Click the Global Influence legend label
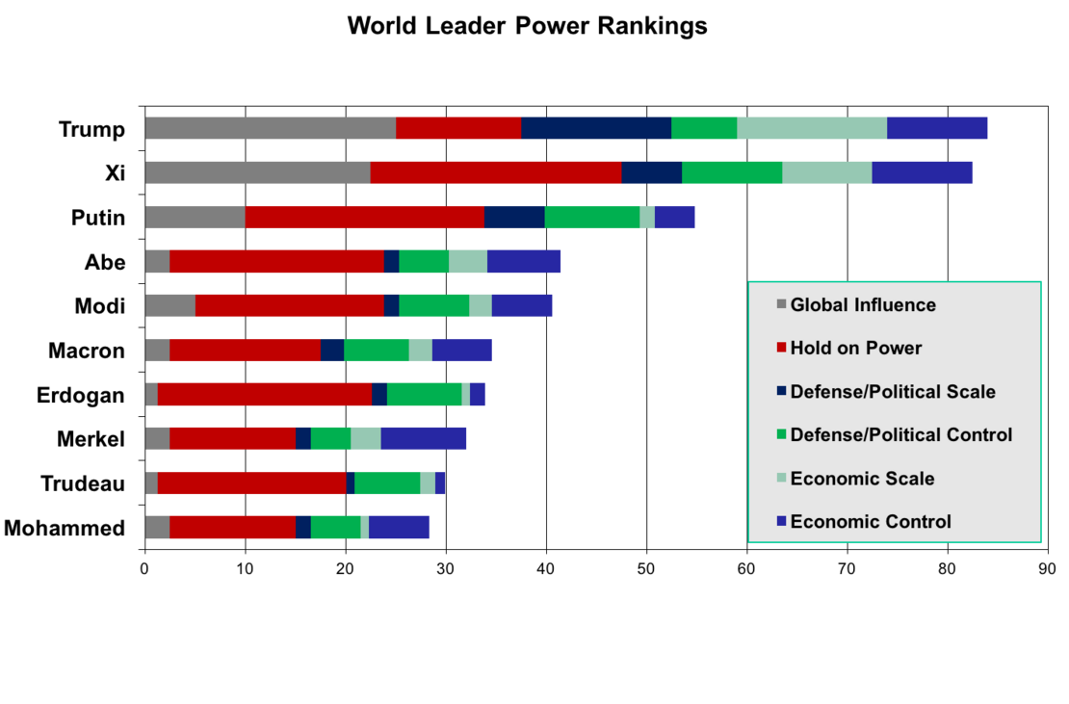click(863, 305)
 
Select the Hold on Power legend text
click(855, 349)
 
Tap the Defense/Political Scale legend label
click(893, 392)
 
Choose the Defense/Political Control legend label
click(900, 435)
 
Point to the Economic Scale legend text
click(862, 479)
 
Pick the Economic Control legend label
click(871, 522)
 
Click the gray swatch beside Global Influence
click(781, 305)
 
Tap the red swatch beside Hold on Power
click(781, 349)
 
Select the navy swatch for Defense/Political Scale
click(781, 392)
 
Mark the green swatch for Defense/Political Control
click(781, 435)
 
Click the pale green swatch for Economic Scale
click(781, 479)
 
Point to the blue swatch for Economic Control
click(781, 522)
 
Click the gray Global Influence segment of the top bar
click(271, 128)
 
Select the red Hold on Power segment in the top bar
click(458, 128)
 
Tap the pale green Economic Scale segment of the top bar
click(812, 128)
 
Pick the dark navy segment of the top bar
click(596, 128)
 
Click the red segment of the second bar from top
click(496, 172)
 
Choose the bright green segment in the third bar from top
click(592, 217)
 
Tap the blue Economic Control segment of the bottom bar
click(400, 528)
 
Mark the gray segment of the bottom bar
click(158, 528)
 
